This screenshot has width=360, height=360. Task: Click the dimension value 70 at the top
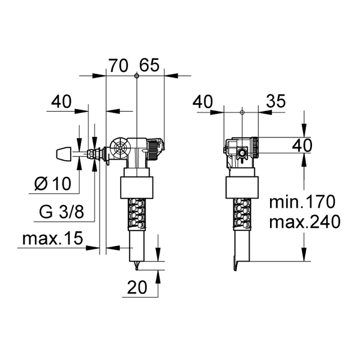(x=118, y=65)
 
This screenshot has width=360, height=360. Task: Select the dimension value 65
(x=149, y=65)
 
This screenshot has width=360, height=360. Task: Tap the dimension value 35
(x=276, y=101)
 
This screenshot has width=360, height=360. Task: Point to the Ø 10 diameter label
(x=53, y=184)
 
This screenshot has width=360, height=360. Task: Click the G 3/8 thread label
(x=62, y=212)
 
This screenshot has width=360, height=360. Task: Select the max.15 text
(x=53, y=238)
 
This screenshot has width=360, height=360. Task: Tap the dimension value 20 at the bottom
(x=137, y=287)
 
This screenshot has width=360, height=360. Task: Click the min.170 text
(x=302, y=202)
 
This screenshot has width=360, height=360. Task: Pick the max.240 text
(x=304, y=221)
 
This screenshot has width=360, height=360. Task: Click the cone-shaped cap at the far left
(x=64, y=154)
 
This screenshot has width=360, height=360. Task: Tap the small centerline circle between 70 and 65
(x=136, y=76)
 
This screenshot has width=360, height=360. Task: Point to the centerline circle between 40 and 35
(x=242, y=112)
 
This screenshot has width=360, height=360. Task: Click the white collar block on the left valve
(x=137, y=188)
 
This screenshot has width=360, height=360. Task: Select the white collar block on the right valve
(x=242, y=188)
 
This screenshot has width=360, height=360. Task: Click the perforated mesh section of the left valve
(x=137, y=215)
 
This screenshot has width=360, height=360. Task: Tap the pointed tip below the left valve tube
(x=137, y=266)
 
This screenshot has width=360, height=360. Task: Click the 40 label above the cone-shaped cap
(x=61, y=102)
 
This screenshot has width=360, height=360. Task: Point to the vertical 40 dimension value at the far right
(x=302, y=145)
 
